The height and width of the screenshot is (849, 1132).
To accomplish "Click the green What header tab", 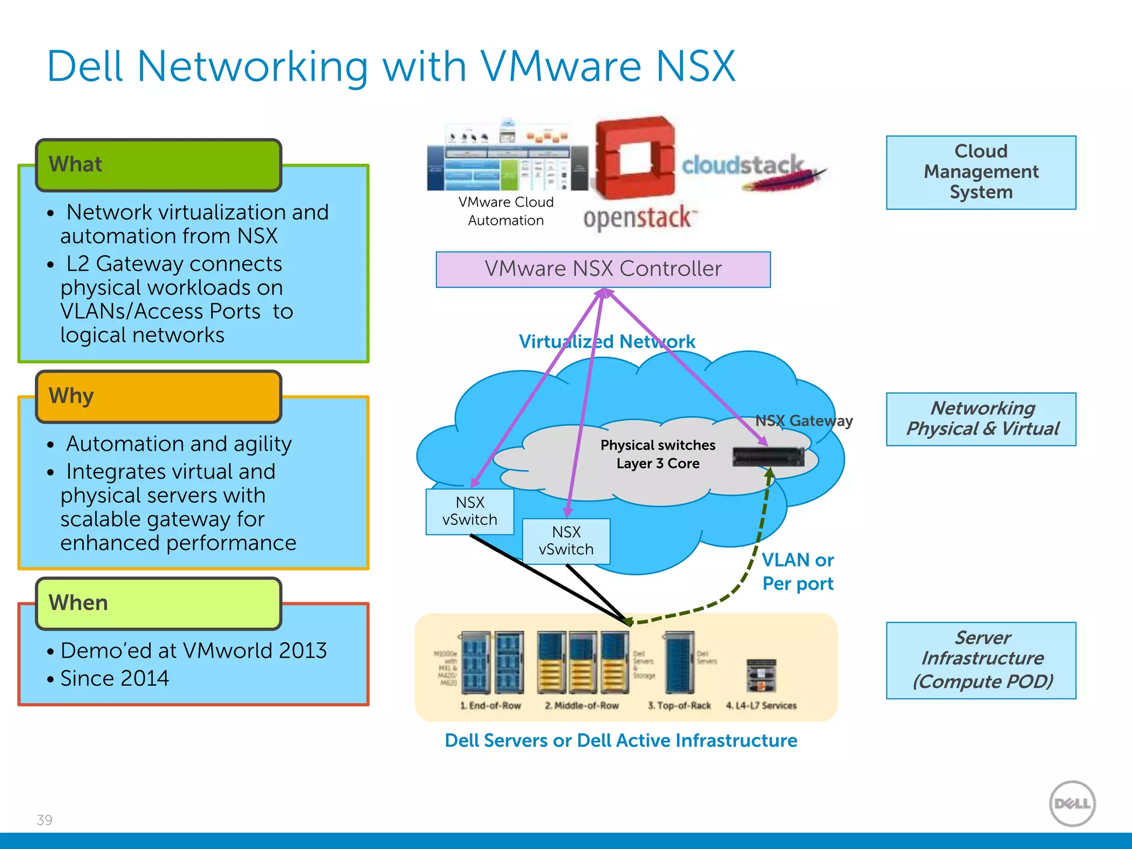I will pos(159,165).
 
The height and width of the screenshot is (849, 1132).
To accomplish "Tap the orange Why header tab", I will pos(159,396).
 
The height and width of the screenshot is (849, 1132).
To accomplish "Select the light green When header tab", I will pos(159,603).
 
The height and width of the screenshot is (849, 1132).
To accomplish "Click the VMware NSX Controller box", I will pos(603,269).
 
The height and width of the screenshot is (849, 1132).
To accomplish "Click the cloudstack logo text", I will pos(742,165).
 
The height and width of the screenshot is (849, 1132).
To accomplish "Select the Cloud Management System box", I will pos(981,172).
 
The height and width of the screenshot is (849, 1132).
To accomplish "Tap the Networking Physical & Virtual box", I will pos(981,419).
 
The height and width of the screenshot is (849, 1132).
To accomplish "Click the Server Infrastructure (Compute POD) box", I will pos(981,660).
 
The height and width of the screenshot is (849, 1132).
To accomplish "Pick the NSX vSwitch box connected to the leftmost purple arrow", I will pos(470,511).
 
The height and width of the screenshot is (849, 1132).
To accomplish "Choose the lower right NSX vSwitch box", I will pos(566,541).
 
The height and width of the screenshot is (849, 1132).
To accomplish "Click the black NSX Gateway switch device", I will pos(768,457).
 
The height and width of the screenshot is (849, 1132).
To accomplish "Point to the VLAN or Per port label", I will pos(797,572).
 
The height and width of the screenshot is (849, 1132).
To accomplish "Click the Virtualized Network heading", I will pos(606,342).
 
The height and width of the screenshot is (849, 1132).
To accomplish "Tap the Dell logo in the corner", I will pos(1072,803).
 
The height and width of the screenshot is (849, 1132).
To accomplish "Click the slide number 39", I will pos(44,820).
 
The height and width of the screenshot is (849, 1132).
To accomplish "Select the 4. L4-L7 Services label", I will pos(761,706).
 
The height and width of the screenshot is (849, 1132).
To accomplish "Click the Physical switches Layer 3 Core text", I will pos(658,454).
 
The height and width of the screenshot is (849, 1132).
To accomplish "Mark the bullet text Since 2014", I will pos(114,679).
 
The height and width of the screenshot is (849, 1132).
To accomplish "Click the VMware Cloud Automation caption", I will pos(506,211).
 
